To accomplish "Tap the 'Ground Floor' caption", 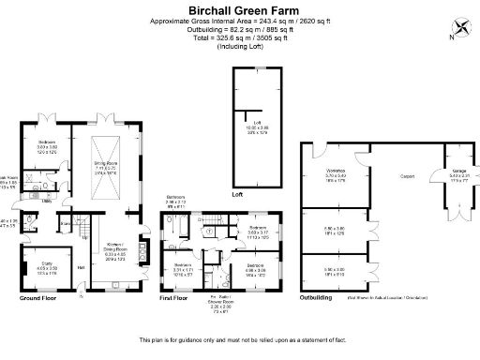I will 39,299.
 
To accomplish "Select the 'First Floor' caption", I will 175,299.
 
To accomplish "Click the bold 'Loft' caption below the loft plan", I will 238,194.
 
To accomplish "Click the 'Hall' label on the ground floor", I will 81,268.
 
